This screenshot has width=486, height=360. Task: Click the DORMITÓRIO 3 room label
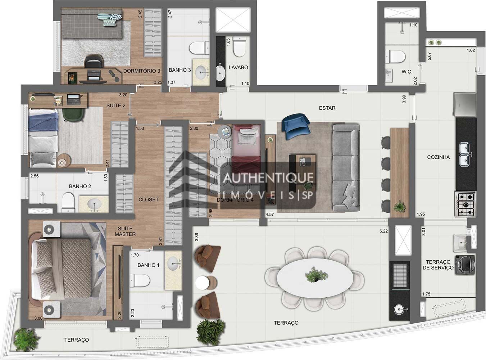(x=141, y=71)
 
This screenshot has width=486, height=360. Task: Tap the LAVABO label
(x=239, y=67)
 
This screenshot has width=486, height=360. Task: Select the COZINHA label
(x=438, y=157)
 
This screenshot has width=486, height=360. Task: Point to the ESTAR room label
(x=327, y=108)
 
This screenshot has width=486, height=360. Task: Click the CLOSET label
(x=148, y=199)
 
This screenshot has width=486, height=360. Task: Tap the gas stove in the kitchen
(x=465, y=204)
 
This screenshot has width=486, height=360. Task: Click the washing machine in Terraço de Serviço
(x=465, y=265)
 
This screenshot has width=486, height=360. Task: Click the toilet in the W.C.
(x=395, y=57)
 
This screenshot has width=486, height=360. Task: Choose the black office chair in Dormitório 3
(x=94, y=62)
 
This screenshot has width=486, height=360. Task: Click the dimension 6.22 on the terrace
(x=383, y=231)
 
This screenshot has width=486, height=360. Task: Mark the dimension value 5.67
(x=429, y=56)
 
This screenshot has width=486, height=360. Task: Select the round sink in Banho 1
(x=173, y=263)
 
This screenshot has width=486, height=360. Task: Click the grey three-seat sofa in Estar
(x=346, y=168)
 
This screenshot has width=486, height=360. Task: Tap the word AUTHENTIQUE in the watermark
(x=268, y=178)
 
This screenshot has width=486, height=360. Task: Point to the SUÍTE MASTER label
(x=125, y=231)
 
